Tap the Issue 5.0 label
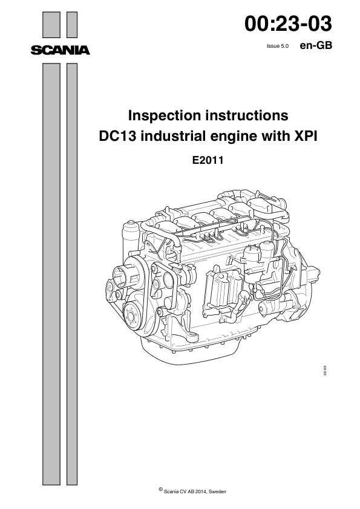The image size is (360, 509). pos(278,45)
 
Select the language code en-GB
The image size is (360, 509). pos(316,45)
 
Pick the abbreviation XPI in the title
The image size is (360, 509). pos(304,137)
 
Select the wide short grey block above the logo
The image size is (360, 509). pos(51,25)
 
